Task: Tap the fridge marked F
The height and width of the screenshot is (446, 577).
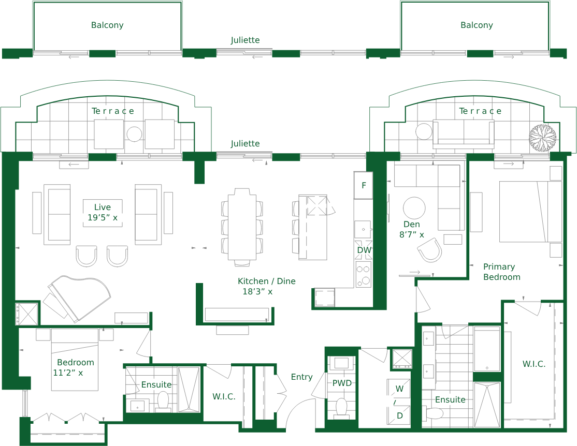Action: pyautogui.click(x=364, y=185)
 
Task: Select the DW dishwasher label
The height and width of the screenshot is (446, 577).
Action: pyautogui.click(x=364, y=250)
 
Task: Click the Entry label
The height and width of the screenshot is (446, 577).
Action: pyautogui.click(x=302, y=377)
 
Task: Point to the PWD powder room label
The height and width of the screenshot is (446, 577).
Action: pyautogui.click(x=342, y=383)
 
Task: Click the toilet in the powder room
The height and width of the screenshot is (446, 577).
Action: pyautogui.click(x=341, y=408)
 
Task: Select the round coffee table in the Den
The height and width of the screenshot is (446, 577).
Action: pyautogui.click(x=414, y=208)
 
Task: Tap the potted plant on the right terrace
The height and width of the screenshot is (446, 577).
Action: pyautogui.click(x=542, y=138)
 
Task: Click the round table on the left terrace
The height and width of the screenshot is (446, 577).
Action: pyautogui.click(x=134, y=134)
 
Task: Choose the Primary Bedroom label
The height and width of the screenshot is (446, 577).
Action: pyautogui.click(x=502, y=272)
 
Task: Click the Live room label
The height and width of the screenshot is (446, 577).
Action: pyautogui.click(x=103, y=207)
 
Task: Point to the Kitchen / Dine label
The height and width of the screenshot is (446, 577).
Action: pyautogui.click(x=267, y=281)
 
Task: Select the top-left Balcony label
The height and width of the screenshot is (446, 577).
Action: pyautogui.click(x=107, y=25)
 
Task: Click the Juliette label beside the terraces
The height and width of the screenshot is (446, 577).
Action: pyautogui.click(x=246, y=143)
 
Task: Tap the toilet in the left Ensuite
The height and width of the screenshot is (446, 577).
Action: pyautogui.click(x=163, y=402)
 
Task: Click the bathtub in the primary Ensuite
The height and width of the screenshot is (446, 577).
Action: pyautogui.click(x=487, y=349)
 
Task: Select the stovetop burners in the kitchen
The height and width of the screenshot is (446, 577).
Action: pyautogui.click(x=363, y=275)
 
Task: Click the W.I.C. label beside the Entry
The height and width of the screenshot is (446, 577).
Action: pyautogui.click(x=224, y=396)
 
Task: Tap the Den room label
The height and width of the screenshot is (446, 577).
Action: pyautogui.click(x=412, y=224)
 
